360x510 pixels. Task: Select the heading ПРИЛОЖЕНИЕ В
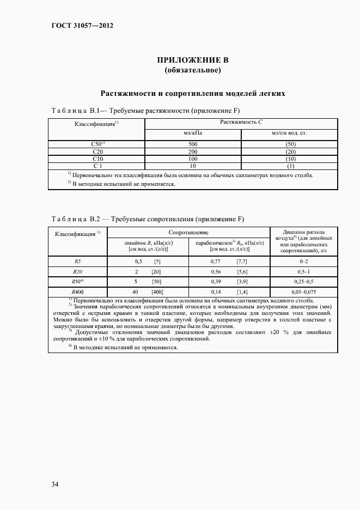click(x=192, y=60)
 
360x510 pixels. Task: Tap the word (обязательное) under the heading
click(x=192, y=70)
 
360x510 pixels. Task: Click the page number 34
click(x=55, y=484)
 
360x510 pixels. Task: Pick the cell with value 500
click(x=192, y=144)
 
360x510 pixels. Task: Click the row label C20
click(x=98, y=151)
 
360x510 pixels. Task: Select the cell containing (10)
click(x=290, y=159)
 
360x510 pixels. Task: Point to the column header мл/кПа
click(x=192, y=133)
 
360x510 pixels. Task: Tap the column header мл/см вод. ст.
click(x=290, y=133)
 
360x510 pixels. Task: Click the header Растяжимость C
click(x=241, y=123)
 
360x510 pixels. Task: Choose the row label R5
click(x=77, y=262)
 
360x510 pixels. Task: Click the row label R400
click(x=77, y=293)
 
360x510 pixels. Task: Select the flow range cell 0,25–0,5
click(x=304, y=282)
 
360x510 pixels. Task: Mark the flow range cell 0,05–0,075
click(x=304, y=293)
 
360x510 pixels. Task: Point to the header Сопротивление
click(x=188, y=233)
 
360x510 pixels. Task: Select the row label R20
click(x=77, y=272)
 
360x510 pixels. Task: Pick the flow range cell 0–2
click(x=304, y=262)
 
